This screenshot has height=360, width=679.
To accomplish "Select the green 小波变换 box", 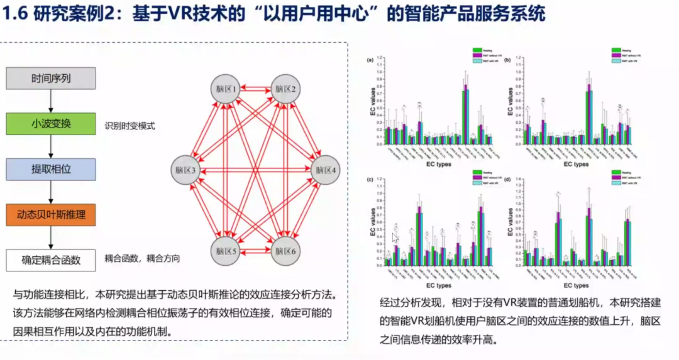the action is click(51, 123).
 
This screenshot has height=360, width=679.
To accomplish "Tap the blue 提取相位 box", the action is click(51, 168).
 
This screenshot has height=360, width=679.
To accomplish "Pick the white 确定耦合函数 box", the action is click(51, 259).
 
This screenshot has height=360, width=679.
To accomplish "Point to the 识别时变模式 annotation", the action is click(130, 126).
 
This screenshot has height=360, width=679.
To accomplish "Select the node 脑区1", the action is click(226, 89).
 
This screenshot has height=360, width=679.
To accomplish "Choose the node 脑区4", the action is click(325, 170).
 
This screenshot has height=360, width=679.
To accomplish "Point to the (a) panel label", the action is click(370, 60).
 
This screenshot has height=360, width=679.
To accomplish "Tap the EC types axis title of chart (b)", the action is click(576, 164).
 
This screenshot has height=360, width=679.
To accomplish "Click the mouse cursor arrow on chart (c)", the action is click(395, 238).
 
